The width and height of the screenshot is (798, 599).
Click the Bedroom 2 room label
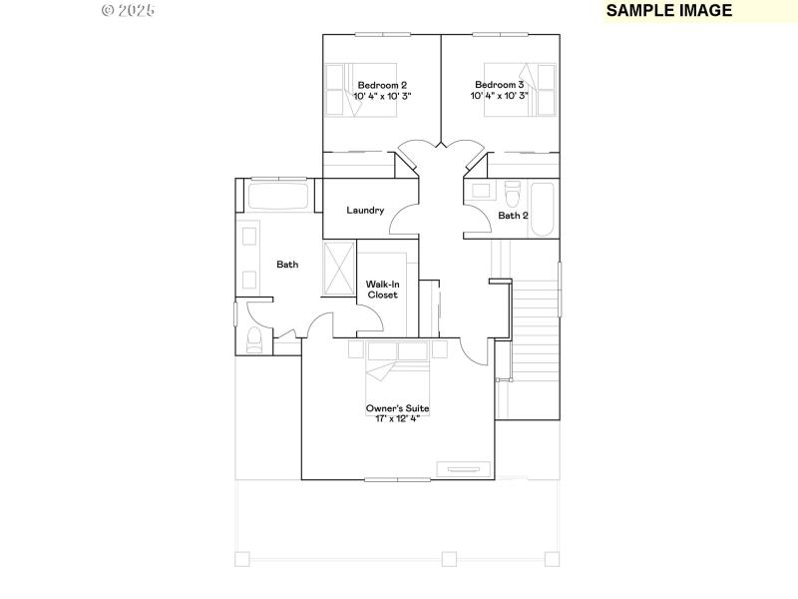(382, 85)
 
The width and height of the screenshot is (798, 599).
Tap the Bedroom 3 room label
(500, 85)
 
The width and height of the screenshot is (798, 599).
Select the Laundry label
(365, 210)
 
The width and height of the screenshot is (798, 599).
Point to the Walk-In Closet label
(382, 290)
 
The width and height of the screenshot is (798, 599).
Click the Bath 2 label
(513, 215)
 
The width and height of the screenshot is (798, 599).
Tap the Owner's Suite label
(397, 408)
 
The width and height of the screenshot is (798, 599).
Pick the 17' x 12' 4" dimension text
(397, 419)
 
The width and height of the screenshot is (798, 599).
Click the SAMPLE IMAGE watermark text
(669, 11)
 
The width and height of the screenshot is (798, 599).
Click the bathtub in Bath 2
(544, 210)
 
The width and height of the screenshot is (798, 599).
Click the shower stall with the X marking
(340, 267)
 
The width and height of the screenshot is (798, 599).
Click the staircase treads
(534, 329)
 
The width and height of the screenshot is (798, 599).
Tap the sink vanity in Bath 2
(480, 191)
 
